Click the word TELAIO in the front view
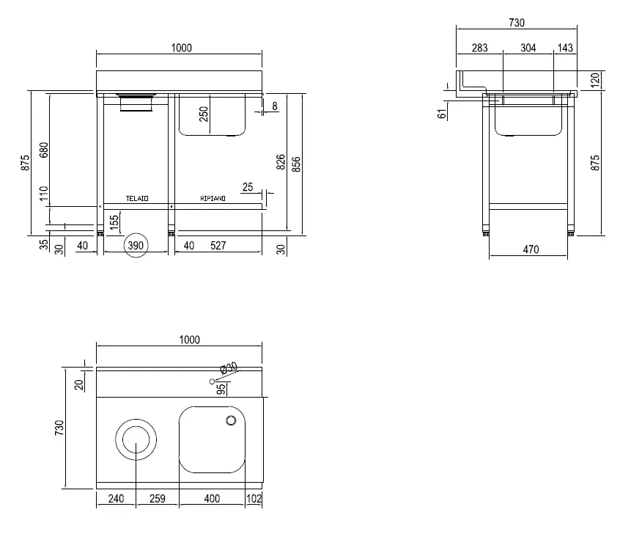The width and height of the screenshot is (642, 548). click(137, 199)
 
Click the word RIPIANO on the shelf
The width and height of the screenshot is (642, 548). click(213, 199)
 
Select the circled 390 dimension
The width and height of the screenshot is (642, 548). click(136, 246)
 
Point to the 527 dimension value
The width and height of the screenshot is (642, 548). click(218, 246)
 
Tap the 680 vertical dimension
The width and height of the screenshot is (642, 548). click(44, 150)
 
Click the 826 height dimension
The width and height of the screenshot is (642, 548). click(281, 162)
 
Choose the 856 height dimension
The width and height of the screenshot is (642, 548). click(296, 164)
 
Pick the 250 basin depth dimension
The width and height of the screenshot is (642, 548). click(204, 114)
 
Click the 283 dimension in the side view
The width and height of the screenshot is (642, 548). click(479, 48)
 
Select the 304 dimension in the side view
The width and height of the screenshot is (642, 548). click(528, 48)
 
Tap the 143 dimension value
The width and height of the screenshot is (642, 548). click(565, 48)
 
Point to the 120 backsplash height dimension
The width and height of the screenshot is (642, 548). click(596, 80)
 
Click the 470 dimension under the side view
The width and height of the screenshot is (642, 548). click(531, 249)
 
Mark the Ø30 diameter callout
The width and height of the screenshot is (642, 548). click(229, 368)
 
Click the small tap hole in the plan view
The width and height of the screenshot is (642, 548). click(212, 381)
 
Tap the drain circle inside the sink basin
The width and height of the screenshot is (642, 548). click(232, 420)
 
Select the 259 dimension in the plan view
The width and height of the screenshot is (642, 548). click(158, 498)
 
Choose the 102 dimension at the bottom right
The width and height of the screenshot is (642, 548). click(254, 498)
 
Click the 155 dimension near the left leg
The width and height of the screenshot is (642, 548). click(114, 222)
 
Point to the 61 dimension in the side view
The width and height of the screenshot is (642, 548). click(442, 114)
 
